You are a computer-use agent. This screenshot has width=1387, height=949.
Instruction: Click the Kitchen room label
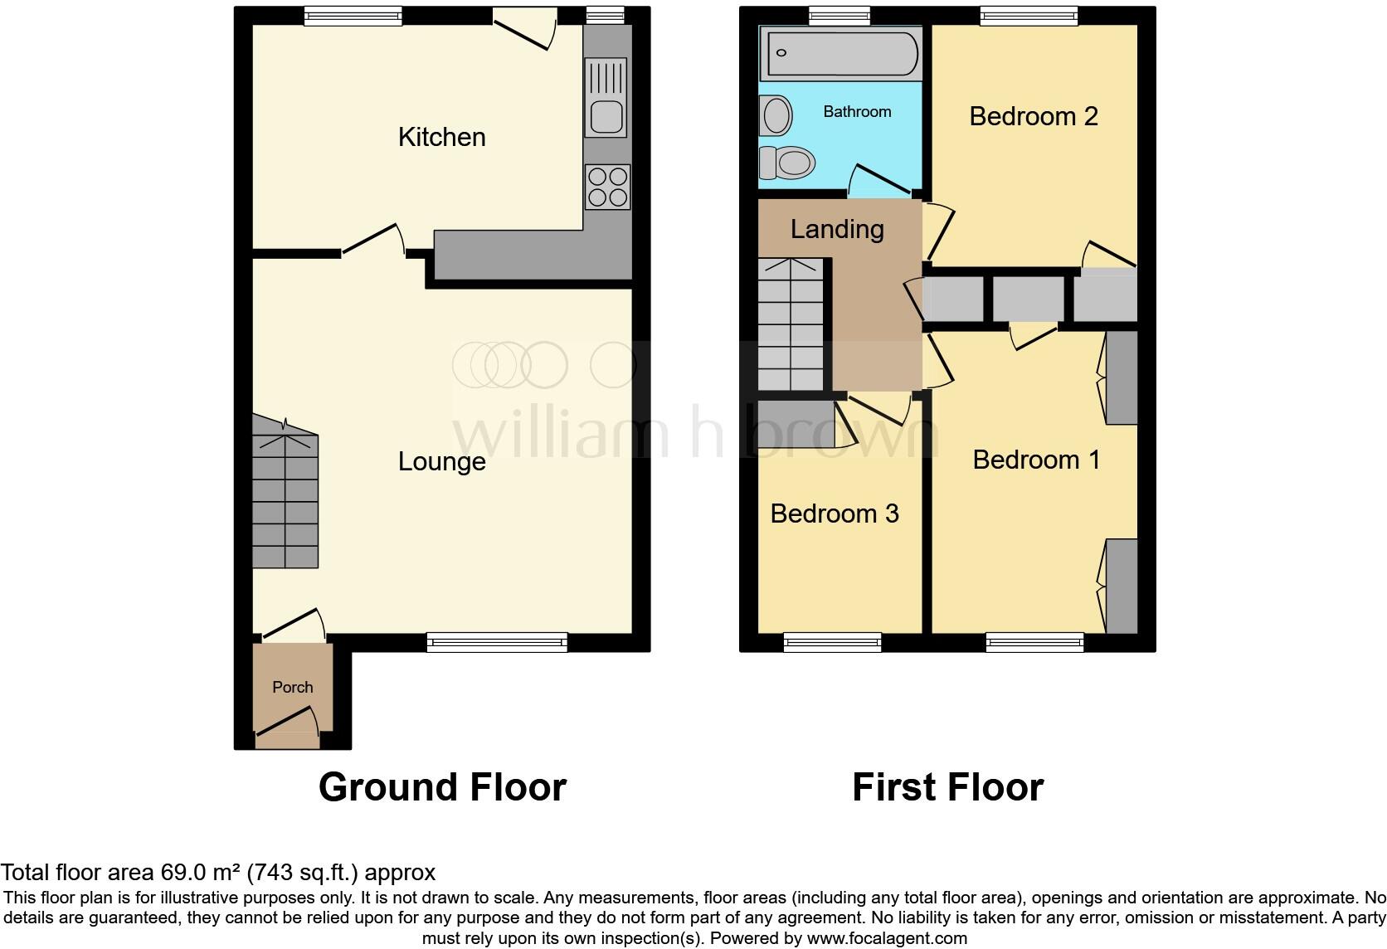click(x=441, y=137)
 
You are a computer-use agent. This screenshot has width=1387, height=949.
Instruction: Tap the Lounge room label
click(x=441, y=461)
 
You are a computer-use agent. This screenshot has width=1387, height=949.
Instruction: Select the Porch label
click(x=293, y=687)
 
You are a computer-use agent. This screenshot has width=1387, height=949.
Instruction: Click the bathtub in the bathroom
click(x=840, y=53)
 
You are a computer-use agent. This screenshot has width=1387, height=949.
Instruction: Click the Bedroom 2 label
click(x=1033, y=116)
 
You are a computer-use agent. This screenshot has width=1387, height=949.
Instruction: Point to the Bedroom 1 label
click(x=1036, y=460)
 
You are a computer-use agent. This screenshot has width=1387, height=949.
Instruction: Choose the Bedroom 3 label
click(x=835, y=513)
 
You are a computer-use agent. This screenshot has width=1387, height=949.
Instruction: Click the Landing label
click(x=837, y=229)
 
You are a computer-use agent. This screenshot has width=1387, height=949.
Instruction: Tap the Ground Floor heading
click(x=442, y=786)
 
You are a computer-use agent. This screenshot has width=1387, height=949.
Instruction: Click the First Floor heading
click(x=947, y=786)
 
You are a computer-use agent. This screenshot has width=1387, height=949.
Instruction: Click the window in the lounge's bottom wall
click(x=498, y=641)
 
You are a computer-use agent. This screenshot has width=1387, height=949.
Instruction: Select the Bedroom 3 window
click(x=833, y=641)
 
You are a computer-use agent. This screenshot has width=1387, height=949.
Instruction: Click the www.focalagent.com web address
click(x=887, y=938)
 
